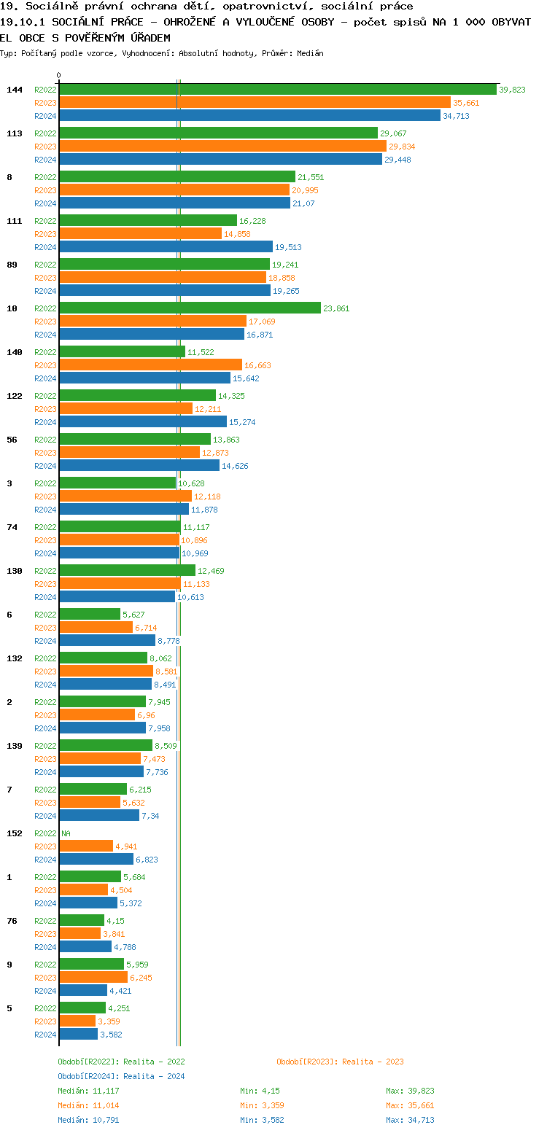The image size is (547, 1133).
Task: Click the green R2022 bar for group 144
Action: click(x=277, y=90)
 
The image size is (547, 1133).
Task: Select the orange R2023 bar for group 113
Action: click(x=222, y=147)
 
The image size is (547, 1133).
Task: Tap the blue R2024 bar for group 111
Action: click(x=166, y=247)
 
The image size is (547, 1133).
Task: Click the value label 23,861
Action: click(x=336, y=308)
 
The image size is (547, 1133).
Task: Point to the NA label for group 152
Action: click(x=66, y=833)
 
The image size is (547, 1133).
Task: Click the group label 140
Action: click(x=15, y=352)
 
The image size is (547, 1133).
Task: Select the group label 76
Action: click(x=12, y=921)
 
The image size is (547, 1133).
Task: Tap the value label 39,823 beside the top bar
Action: click(x=513, y=90)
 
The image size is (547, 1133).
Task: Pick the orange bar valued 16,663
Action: click(x=150, y=365)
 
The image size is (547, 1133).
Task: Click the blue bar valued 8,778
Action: click(x=107, y=641)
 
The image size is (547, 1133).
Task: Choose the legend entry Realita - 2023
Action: click(x=340, y=1062)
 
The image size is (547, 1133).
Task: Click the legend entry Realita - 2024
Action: click(x=121, y=1076)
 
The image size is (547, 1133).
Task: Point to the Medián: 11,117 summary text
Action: click(x=88, y=1091)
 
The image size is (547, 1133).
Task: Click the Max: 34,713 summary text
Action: click(x=410, y=1120)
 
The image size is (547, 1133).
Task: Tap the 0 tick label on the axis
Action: click(x=59, y=75)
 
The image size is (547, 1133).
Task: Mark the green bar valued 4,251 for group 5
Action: click(x=82, y=1008)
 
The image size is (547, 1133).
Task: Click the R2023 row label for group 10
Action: click(x=45, y=322)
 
